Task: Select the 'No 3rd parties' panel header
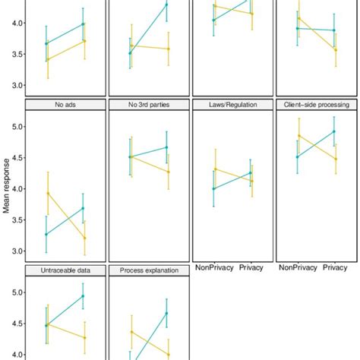point(148,104)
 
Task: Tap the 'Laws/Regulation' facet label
point(230,104)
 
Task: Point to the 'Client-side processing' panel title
point(314,104)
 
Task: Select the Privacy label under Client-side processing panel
point(334,267)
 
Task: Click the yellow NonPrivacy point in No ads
point(48,193)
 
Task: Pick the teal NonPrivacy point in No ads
point(47,234)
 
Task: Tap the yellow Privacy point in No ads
point(84,238)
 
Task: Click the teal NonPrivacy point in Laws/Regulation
point(214,188)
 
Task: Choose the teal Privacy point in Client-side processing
point(333,131)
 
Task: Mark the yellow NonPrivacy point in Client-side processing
point(298,136)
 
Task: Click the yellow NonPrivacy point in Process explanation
point(131,332)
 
